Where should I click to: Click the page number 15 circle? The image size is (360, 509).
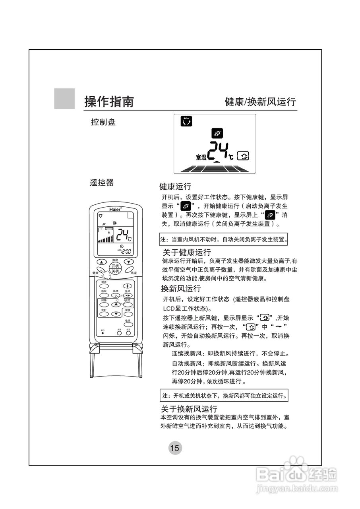[174, 448]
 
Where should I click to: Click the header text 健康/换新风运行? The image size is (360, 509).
[260, 102]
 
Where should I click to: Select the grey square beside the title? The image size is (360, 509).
[64, 99]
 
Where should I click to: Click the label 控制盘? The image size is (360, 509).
[103, 122]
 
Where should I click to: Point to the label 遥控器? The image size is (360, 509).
[102, 183]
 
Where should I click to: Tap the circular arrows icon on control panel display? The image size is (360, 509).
[186, 121]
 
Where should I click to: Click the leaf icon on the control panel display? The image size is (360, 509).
[217, 134]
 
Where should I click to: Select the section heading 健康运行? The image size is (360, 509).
[175, 187]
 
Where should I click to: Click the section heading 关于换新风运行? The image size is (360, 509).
[189, 409]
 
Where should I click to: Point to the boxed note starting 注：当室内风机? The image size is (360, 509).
[224, 240]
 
